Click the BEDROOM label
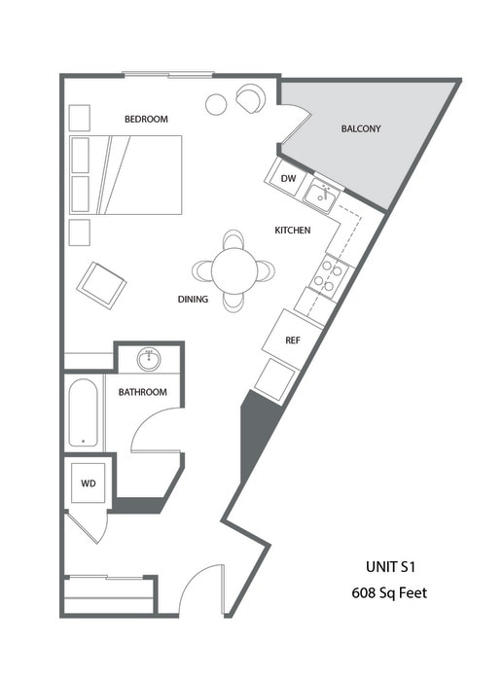tap(146, 119)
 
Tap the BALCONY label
tap(360, 128)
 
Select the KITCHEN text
tap(292, 231)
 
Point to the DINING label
tap(193, 300)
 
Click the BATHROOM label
tap(142, 392)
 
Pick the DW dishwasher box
tap(288, 179)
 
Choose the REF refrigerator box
tap(291, 339)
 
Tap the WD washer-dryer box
tap(88, 482)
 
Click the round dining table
tap(234, 269)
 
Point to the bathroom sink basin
tap(149, 360)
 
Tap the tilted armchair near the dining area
tap(102, 284)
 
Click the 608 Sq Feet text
tap(389, 592)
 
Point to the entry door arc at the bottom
tap(199, 588)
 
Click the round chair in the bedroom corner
tap(250, 98)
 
